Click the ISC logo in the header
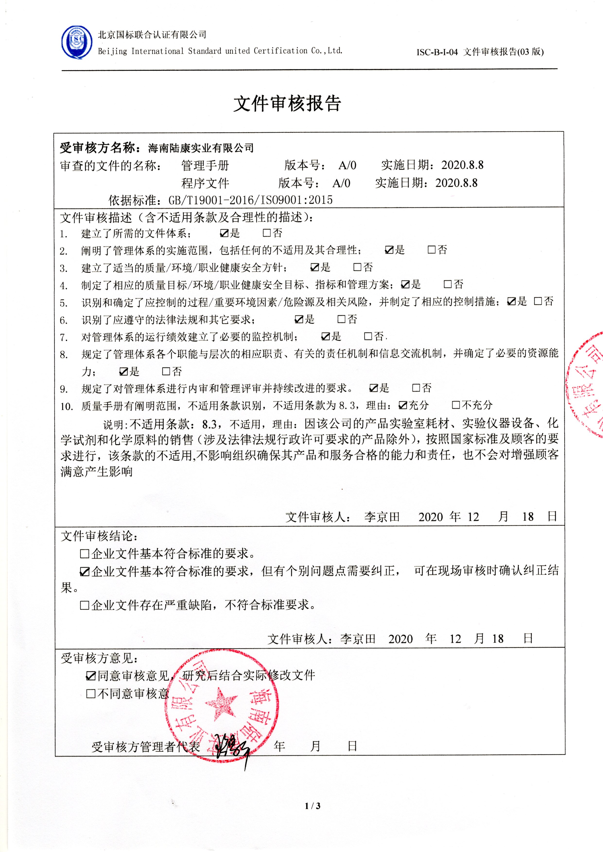tap(77, 42)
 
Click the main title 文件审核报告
tap(287, 104)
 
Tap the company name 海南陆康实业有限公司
tap(201, 148)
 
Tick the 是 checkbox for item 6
tap(298, 319)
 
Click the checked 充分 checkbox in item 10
tap(402, 405)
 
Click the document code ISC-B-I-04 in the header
tap(437, 52)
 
